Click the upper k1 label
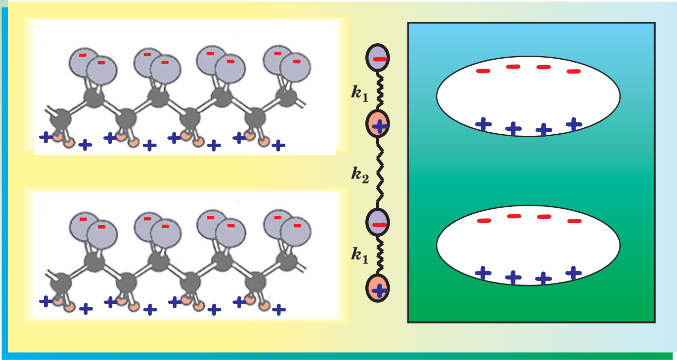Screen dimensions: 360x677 [x=359, y=93]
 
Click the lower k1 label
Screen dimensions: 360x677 [x=359, y=255]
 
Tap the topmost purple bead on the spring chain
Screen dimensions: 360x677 [x=378, y=59]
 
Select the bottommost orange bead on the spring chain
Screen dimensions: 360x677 [x=378, y=289]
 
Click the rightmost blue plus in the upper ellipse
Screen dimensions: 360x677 [x=574, y=124]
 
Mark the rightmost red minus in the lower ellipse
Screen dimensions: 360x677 [x=574, y=221]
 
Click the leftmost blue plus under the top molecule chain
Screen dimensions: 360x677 [x=45, y=137]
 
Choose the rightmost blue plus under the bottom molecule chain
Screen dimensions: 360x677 [x=279, y=309]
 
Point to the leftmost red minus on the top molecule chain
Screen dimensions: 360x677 [x=83, y=54]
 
